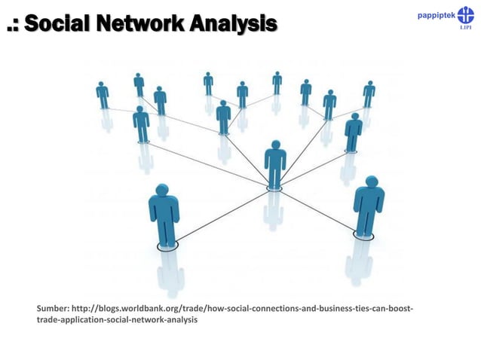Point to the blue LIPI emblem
coord(464,16)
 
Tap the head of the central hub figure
coord(275,145)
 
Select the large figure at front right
coord(369,206)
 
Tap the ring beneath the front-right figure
coord(363,236)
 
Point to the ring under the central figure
coord(274,188)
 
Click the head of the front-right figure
coord(370,182)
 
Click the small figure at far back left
coord(103,95)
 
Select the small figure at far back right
coord(369,93)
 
